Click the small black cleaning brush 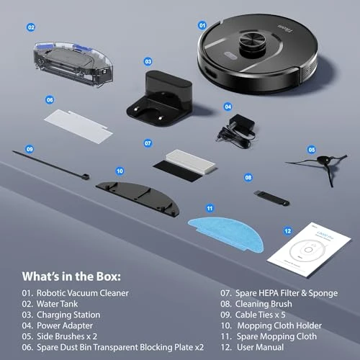[x=270, y=194]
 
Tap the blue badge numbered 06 [x=50, y=100]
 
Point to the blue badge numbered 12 [x=287, y=231]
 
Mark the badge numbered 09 [x=30, y=150]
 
